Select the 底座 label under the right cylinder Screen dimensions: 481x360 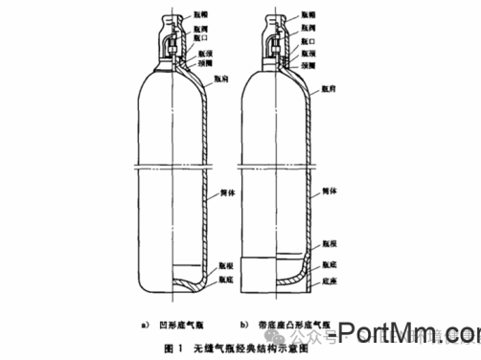tap(329, 280)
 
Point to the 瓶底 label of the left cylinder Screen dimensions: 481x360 tap(225, 280)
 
